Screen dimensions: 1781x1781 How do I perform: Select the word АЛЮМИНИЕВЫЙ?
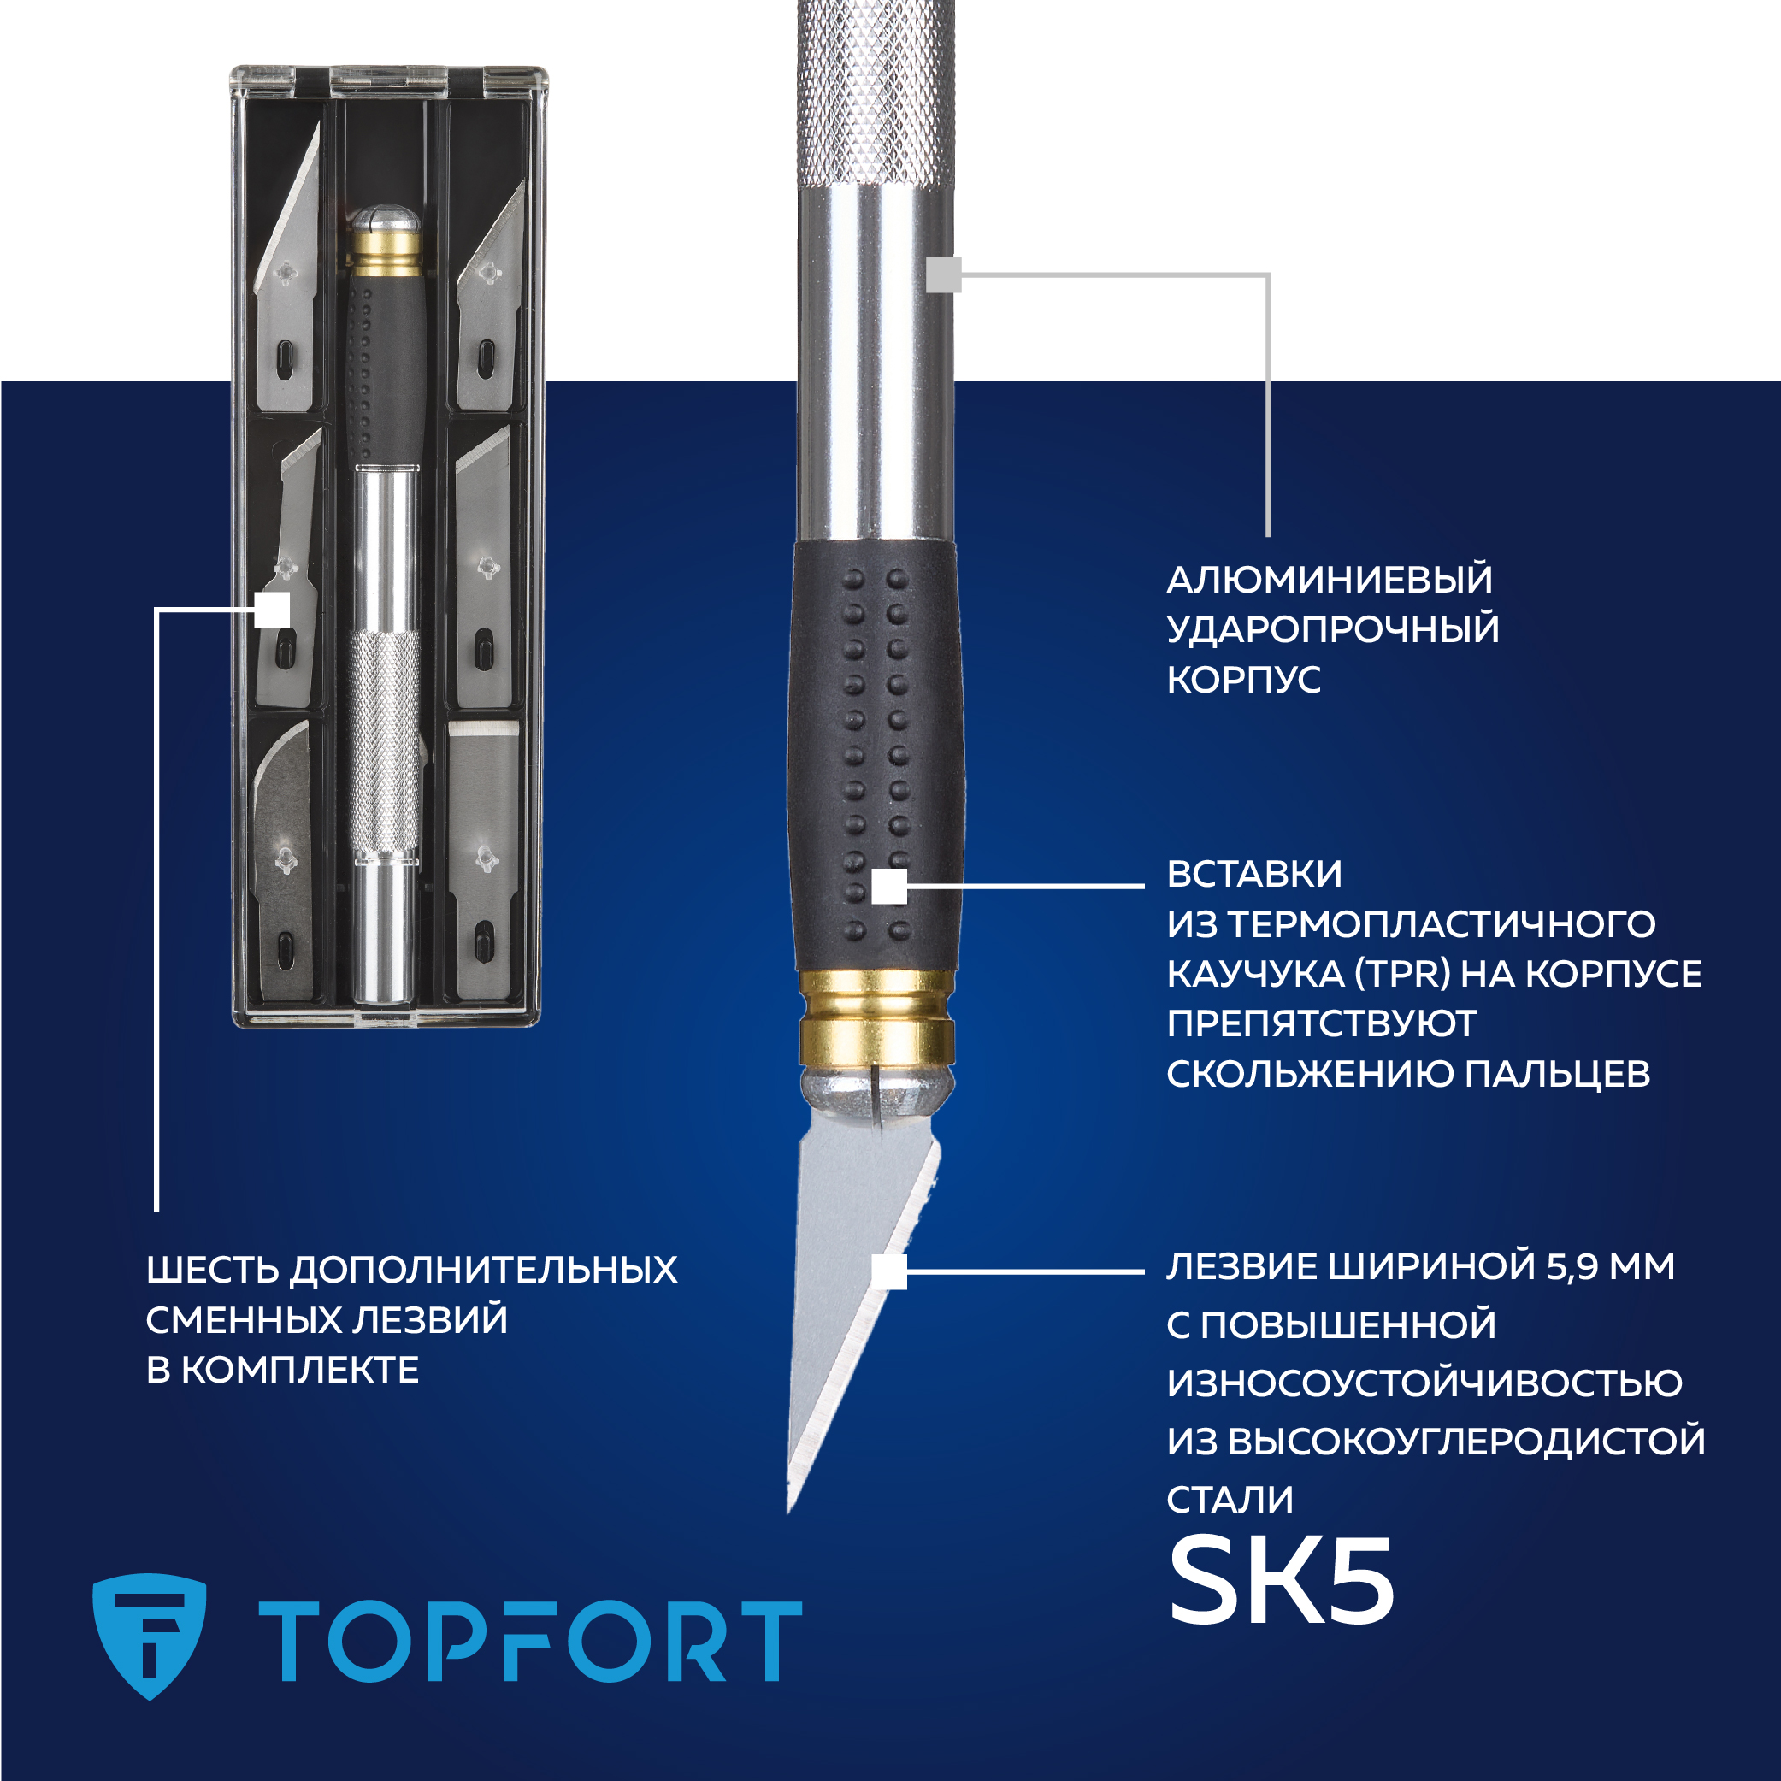(x=1330, y=580)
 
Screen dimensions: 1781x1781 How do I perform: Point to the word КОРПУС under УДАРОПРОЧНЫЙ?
(x=1243, y=680)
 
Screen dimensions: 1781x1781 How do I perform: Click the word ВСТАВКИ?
(x=1254, y=874)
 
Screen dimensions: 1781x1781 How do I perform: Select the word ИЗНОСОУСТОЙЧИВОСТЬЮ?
(x=1424, y=1383)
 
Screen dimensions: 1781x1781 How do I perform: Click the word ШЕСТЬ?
(x=212, y=1271)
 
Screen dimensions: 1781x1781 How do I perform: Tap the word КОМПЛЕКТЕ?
(x=299, y=1370)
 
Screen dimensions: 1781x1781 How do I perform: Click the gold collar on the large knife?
(x=876, y=1018)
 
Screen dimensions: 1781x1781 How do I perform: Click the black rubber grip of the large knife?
(x=876, y=756)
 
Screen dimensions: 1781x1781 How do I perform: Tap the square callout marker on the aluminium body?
(x=944, y=274)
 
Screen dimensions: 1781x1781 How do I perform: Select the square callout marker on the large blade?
(x=889, y=1271)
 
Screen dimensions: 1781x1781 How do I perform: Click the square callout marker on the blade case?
(x=272, y=610)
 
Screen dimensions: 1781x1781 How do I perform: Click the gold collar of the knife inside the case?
(x=385, y=252)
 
